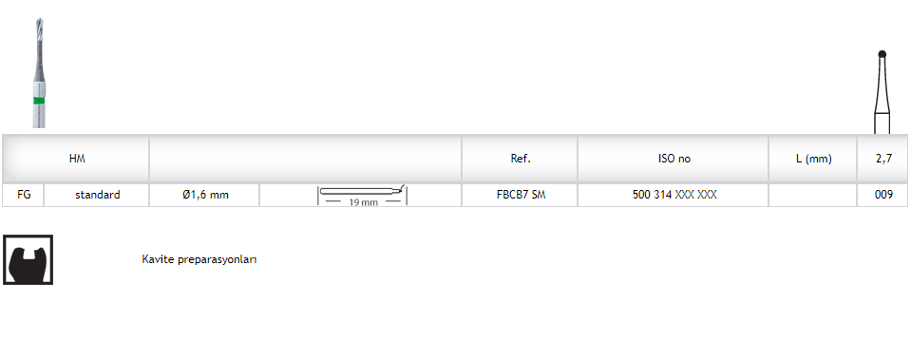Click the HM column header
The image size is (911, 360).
77,159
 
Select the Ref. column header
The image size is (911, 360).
521,159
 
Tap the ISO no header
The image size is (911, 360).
674,159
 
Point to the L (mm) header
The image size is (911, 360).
813,159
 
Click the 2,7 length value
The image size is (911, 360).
883,159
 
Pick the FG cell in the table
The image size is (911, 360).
24,195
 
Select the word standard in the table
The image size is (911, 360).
98,195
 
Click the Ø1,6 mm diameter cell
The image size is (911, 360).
205,195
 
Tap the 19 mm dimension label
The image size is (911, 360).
363,202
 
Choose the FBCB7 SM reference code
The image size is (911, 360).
522,195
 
